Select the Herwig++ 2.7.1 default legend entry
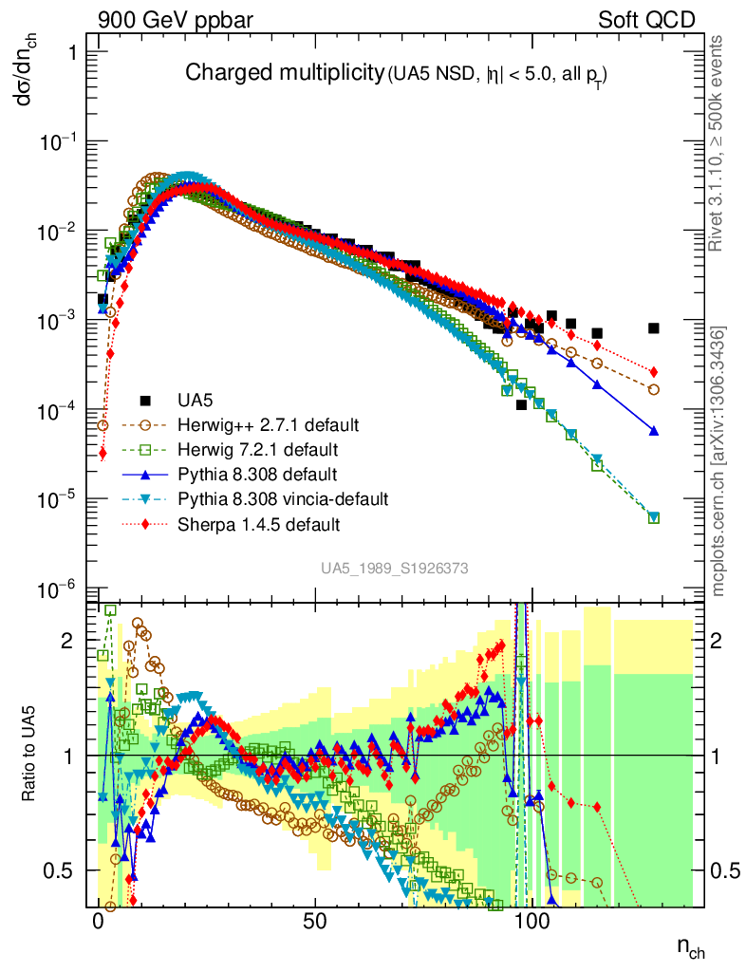point(252,423)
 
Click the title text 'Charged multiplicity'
point(283,73)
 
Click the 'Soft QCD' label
point(646,20)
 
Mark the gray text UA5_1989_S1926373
point(394,568)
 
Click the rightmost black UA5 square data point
point(653,328)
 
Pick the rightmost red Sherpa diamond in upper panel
point(653,371)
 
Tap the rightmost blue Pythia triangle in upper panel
point(653,431)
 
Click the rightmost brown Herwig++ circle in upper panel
point(653,389)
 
